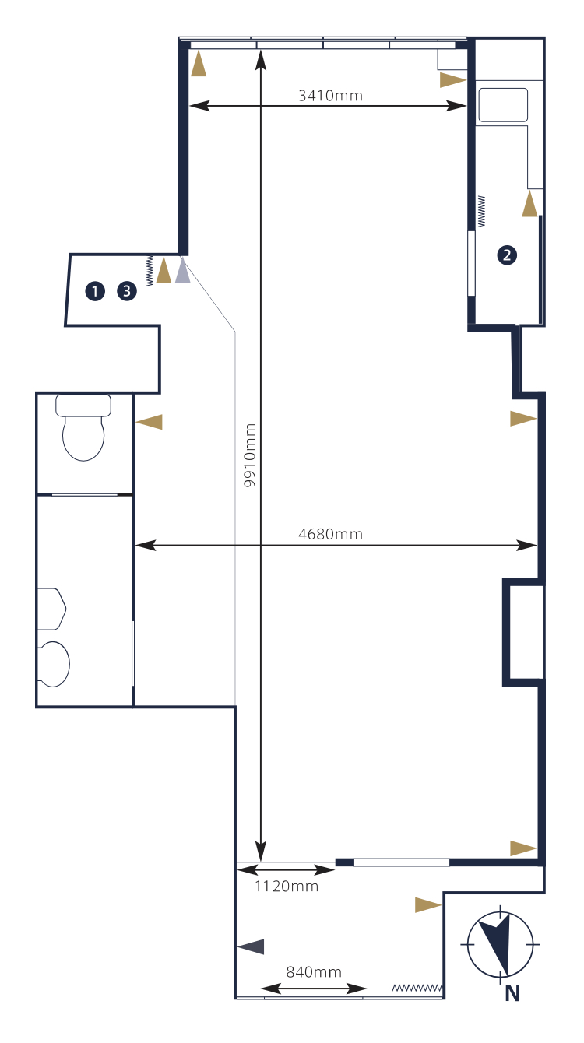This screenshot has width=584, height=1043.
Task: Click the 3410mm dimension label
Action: [330, 96]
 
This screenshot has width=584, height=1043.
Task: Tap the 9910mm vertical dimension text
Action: [250, 455]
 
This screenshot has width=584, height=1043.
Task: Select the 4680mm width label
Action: [330, 534]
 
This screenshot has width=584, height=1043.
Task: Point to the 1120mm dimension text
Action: [287, 886]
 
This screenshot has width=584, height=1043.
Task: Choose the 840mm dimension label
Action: [314, 971]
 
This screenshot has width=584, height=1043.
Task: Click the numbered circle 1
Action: [95, 291]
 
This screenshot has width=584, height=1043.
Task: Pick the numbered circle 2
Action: [507, 255]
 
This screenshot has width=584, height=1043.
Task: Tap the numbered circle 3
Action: [127, 291]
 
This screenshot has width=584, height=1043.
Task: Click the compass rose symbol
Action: [500, 944]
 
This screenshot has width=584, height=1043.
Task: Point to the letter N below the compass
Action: [512, 993]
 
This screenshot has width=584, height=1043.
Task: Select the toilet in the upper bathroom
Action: [83, 427]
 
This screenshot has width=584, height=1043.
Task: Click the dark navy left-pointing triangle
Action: [251, 946]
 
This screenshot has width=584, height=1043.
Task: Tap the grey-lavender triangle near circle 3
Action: [182, 271]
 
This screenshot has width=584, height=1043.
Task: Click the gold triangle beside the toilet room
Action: [149, 422]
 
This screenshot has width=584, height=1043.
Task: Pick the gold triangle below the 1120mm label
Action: [428, 905]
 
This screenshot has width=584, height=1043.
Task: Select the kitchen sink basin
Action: [503, 105]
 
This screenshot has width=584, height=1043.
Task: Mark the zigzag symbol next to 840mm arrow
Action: [417, 988]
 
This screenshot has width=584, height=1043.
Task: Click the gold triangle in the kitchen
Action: [529, 203]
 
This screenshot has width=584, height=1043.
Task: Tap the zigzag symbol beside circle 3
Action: [150, 271]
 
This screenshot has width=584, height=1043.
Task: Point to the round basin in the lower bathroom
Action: [54, 664]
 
